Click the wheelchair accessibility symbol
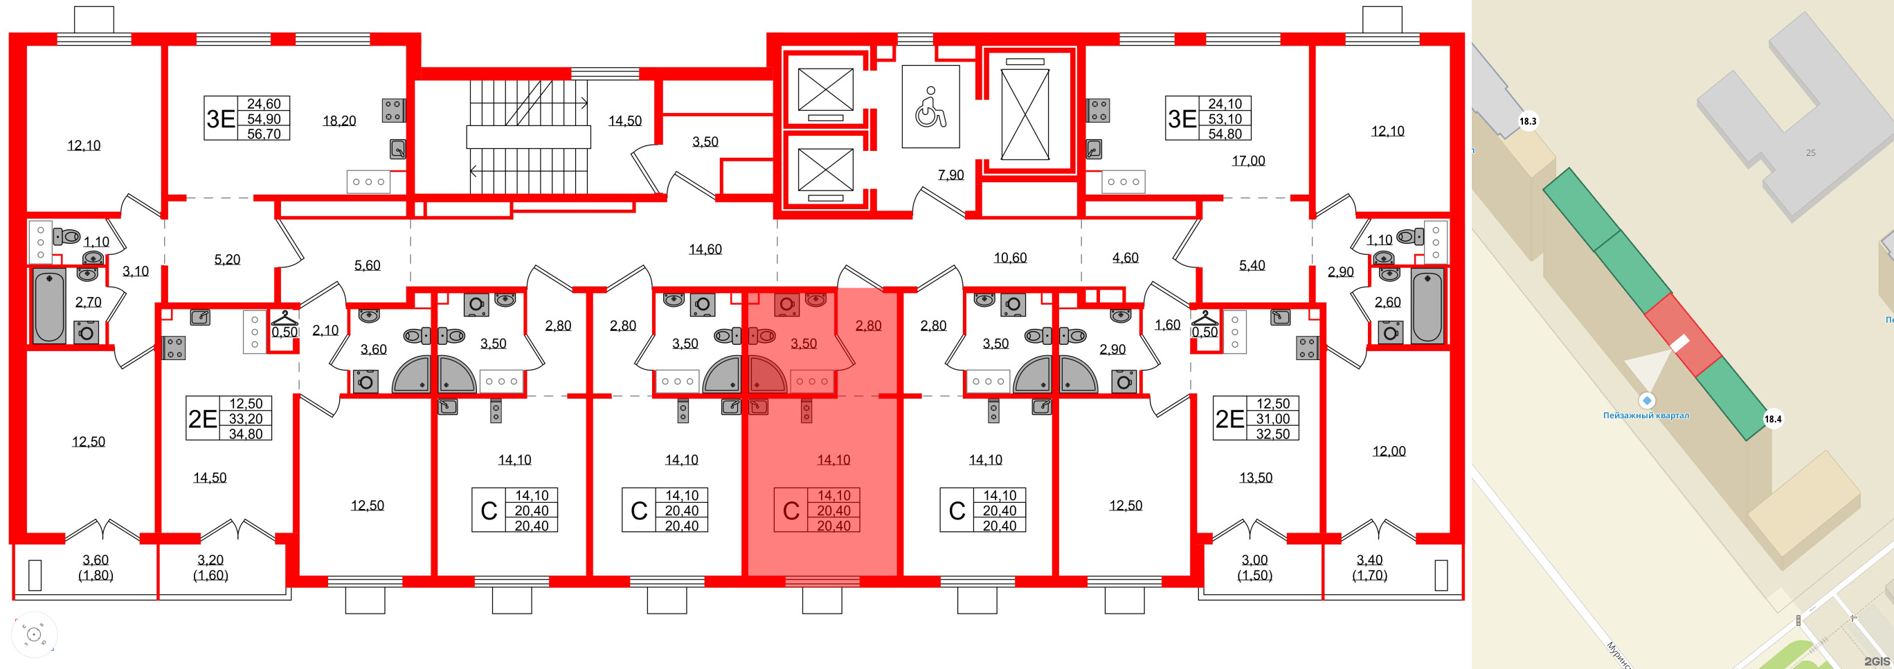click(x=930, y=107)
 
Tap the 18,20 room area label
click(x=339, y=121)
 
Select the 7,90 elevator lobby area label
click(x=950, y=175)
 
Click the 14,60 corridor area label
click(x=705, y=249)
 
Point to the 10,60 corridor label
click(x=1009, y=258)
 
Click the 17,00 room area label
click(x=1248, y=160)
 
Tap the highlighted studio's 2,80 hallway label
click(x=868, y=325)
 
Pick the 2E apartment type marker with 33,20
click(x=202, y=418)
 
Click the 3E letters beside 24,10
click(x=1182, y=118)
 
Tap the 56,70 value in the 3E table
click(x=263, y=134)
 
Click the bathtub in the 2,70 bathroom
click(x=48, y=306)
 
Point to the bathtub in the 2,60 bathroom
click(x=1426, y=306)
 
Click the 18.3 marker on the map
click(x=1528, y=121)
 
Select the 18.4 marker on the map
click(x=1773, y=419)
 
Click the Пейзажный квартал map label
click(x=1645, y=416)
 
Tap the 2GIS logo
click(x=1877, y=661)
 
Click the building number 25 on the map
click(x=1810, y=153)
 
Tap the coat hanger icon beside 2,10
click(x=285, y=319)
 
